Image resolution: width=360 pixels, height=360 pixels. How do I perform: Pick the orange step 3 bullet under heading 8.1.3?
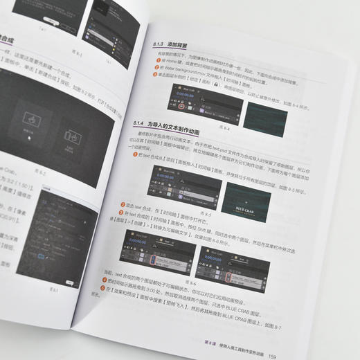pos(158,74)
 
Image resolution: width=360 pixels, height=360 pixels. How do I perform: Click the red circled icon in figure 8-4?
pos(181,107)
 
